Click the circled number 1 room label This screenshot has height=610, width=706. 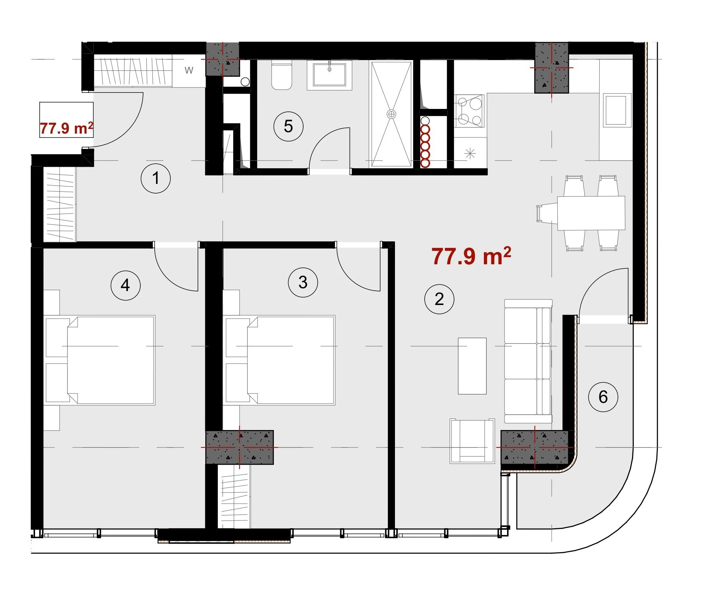pyautogui.click(x=155, y=178)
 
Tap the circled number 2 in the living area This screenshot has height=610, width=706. pyautogui.click(x=439, y=299)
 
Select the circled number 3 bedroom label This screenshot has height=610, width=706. pyautogui.click(x=303, y=282)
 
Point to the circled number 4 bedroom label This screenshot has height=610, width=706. pyautogui.click(x=125, y=285)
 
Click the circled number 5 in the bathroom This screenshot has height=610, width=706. pyautogui.click(x=288, y=126)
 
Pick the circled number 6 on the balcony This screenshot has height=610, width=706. pyautogui.click(x=603, y=397)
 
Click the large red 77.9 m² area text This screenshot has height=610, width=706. pyautogui.click(x=471, y=256)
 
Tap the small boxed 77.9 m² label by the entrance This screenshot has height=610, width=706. pyautogui.click(x=66, y=128)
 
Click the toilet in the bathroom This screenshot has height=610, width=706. pyautogui.click(x=282, y=75)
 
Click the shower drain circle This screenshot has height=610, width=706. pyautogui.click(x=391, y=114)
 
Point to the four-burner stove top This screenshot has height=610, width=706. pyautogui.click(x=470, y=111)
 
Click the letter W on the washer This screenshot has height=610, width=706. pyautogui.click(x=189, y=70)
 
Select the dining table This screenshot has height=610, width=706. pyautogui.click(x=591, y=213)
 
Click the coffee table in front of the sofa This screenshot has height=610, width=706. pyautogui.click(x=472, y=366)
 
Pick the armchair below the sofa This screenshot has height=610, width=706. pyautogui.click(x=472, y=441)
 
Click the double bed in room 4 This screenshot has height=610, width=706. pyautogui.click(x=111, y=360)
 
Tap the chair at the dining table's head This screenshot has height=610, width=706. pyautogui.click(x=547, y=213)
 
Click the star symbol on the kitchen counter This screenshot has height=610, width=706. pyautogui.click(x=470, y=154)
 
